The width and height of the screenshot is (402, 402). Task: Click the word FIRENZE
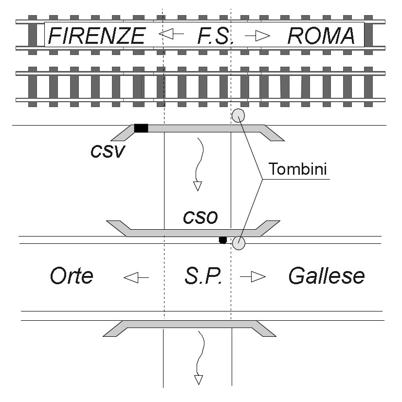coord(97,36)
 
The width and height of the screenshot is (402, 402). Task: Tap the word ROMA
coord(321,36)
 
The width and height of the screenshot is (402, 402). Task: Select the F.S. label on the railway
coord(215,36)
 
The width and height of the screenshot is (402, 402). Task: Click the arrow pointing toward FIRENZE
coord(171,34)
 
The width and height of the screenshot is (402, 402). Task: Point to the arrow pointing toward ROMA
coord(257,36)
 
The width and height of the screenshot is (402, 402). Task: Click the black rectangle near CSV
coord(141,128)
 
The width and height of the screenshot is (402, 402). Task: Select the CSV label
coord(108,151)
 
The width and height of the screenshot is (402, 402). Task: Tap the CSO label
coord(200,218)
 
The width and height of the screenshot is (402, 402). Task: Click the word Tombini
coord(298,169)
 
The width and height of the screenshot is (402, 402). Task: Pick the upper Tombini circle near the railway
coord(238,115)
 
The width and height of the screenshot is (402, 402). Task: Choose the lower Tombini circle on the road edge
coord(238,243)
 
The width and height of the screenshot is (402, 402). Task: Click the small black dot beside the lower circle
coord(223,240)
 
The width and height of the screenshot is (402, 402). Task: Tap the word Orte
coord(72,275)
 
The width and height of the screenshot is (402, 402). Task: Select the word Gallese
coord(327,275)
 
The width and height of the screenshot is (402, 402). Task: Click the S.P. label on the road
coord(203,276)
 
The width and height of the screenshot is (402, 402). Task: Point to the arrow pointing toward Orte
coord(136,277)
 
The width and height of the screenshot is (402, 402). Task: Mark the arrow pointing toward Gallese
coord(253,276)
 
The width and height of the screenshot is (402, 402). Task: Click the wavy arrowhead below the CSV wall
coord(198,186)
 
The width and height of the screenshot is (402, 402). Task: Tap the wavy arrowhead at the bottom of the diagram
coord(199,380)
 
